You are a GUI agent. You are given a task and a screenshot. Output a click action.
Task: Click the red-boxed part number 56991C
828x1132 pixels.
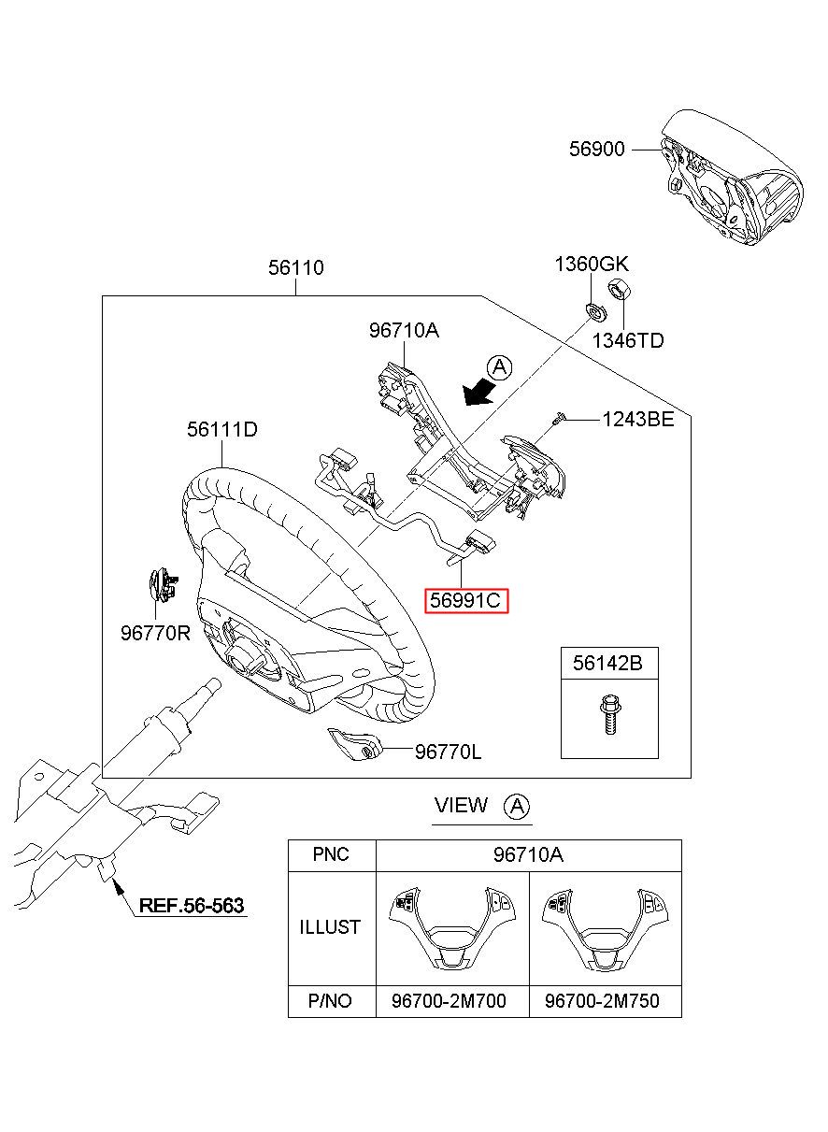tap(466, 600)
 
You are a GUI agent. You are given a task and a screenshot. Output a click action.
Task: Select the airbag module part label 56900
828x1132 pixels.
tap(596, 149)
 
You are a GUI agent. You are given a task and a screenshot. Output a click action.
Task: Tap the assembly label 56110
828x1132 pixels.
tap(296, 268)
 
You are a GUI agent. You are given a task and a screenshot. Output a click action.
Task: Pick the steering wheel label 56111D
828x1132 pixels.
tap(221, 430)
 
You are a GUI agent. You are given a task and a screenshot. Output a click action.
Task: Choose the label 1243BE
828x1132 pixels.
tap(637, 420)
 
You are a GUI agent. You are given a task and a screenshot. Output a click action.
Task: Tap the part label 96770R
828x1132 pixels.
tap(155, 633)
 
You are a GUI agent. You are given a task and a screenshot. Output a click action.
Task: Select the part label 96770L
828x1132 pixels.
tap(448, 751)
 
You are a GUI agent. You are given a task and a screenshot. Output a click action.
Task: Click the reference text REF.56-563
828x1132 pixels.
tap(191, 905)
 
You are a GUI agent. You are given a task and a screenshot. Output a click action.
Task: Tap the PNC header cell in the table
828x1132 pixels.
tap(331, 855)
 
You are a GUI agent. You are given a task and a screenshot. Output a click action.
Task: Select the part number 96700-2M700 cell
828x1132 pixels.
tap(449, 1001)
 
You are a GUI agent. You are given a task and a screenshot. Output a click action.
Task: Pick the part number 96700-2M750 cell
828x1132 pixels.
tap(601, 1001)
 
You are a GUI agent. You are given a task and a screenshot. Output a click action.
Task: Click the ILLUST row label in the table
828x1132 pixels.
tap(330, 927)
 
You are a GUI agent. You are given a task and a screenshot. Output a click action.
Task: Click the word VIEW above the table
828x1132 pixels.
tap(461, 805)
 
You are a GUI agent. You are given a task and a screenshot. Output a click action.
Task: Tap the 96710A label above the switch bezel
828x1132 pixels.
tap(403, 330)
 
